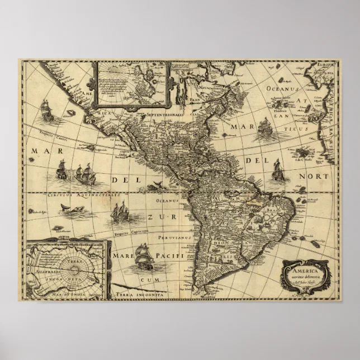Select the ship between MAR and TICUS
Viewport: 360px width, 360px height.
tap(264, 129)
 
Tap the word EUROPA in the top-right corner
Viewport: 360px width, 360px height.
tap(328, 65)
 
